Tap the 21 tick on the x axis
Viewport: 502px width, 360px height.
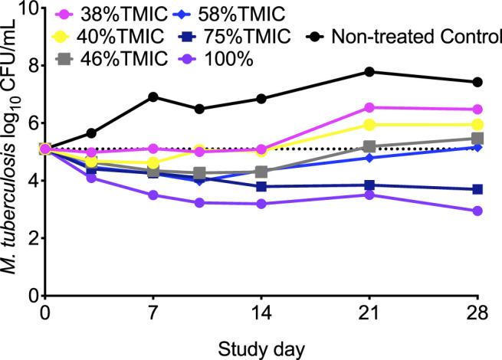tap(369, 314)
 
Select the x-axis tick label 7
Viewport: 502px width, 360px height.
tap(153, 314)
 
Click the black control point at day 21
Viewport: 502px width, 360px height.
tap(369, 72)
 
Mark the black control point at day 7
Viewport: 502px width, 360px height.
tap(153, 97)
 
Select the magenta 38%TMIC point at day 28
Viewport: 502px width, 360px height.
tap(477, 110)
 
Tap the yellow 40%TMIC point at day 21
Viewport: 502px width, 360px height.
tap(369, 125)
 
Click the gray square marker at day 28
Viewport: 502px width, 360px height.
tap(477, 139)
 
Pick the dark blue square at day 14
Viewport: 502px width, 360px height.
tap(261, 186)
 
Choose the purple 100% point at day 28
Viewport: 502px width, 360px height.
tap(477, 211)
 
